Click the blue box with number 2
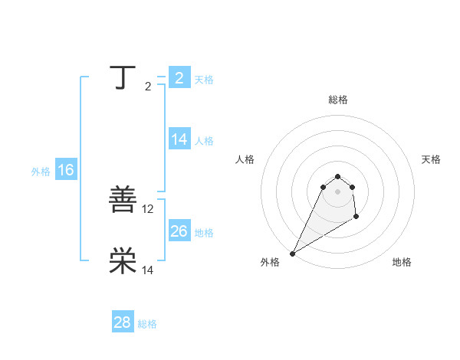pyautogui.click(x=179, y=77)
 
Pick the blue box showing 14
pyautogui.click(x=179, y=139)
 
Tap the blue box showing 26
pyautogui.click(x=179, y=231)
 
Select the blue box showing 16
pyautogui.click(x=66, y=170)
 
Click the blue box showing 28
pyautogui.click(x=123, y=322)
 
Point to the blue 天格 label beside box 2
pyautogui.click(x=204, y=79)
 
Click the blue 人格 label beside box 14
pyautogui.click(x=204, y=141)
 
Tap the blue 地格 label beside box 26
pyautogui.click(x=204, y=233)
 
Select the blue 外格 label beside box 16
pyautogui.click(x=41, y=172)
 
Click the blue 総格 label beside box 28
pyautogui.click(x=147, y=324)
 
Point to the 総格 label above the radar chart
pyautogui.click(x=337, y=100)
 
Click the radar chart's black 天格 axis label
pyautogui.click(x=432, y=159)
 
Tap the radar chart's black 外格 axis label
pyautogui.click(x=270, y=263)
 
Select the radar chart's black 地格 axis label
pyautogui.click(x=402, y=263)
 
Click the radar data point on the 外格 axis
pyautogui.click(x=292, y=254)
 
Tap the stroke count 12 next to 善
pyautogui.click(x=148, y=208)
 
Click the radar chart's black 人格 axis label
pyautogui.click(x=245, y=159)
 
